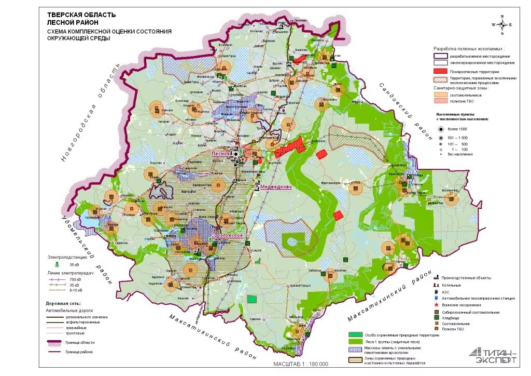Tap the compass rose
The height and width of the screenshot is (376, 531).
coord(501,25)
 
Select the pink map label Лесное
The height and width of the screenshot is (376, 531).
coord(220,154)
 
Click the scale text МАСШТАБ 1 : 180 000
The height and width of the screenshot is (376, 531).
coord(301,364)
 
